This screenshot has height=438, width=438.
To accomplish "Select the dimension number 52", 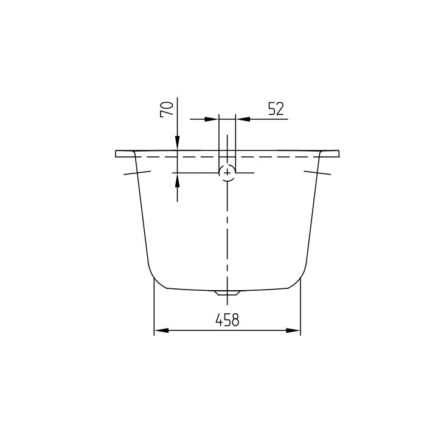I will click(x=275, y=109).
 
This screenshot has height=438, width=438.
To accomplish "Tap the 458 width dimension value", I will click(x=227, y=319).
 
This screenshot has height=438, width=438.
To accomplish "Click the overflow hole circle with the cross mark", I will click(x=227, y=173).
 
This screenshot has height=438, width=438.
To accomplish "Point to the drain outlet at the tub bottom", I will click(x=227, y=293).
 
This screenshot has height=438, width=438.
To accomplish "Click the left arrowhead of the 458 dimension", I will click(x=159, y=331).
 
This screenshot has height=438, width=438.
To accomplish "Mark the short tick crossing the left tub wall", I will click(x=137, y=173).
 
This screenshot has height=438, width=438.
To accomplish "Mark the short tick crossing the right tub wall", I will click(x=318, y=173).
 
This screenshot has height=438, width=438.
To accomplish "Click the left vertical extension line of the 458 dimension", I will click(x=153, y=310).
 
